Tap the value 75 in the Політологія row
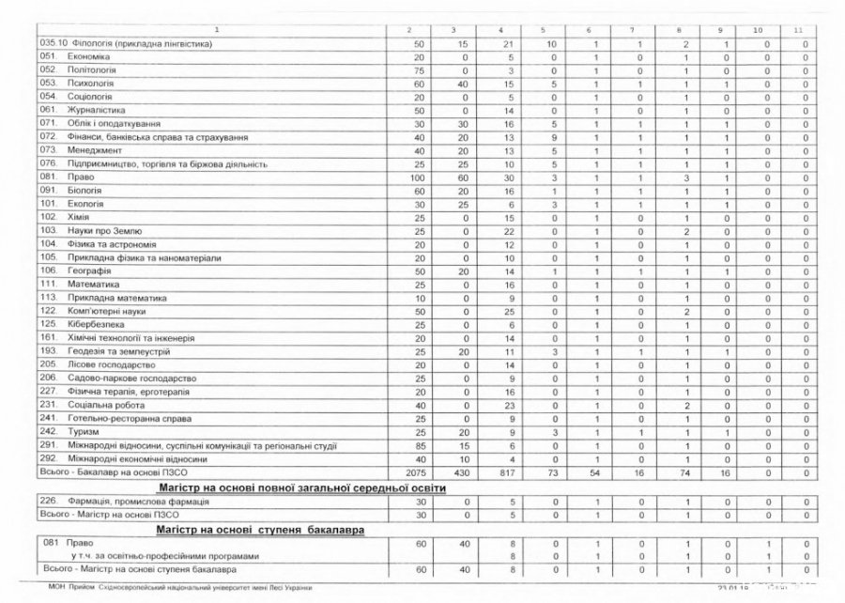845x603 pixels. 420,70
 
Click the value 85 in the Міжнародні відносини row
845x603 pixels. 420,444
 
